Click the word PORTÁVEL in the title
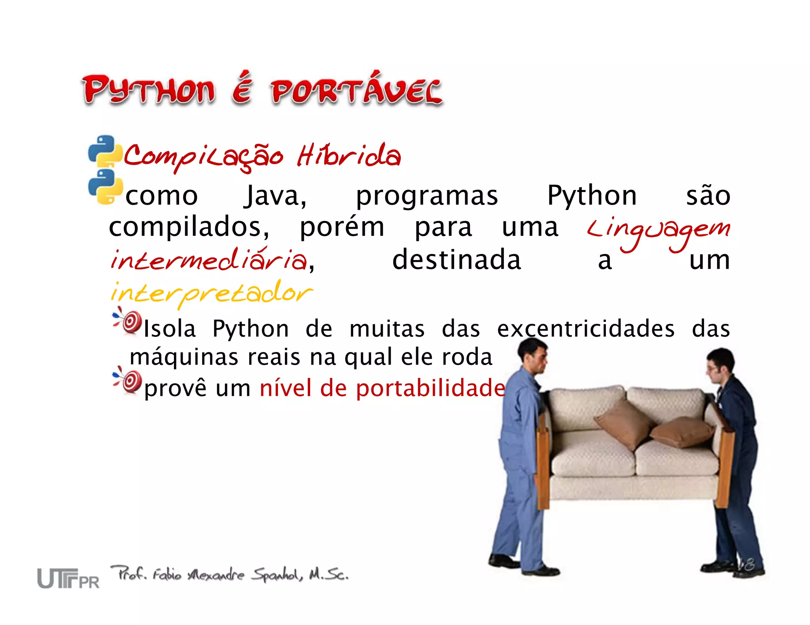(356, 90)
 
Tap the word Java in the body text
(275, 196)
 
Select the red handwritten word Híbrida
(349, 155)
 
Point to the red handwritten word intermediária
(208, 260)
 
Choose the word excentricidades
(586, 329)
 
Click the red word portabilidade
(430, 388)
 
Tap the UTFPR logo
(68, 578)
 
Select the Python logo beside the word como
(105, 187)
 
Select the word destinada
(456, 260)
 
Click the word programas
(427, 196)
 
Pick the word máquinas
(184, 357)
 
